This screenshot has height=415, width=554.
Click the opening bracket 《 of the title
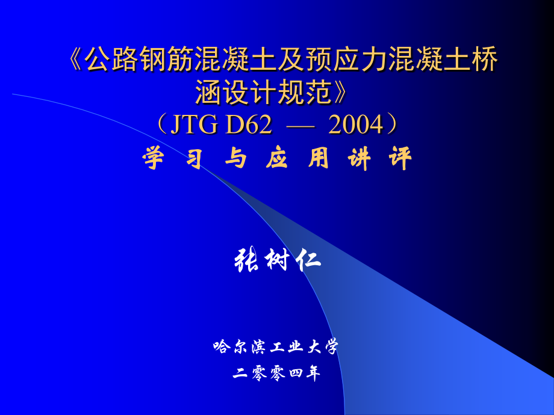[74, 60]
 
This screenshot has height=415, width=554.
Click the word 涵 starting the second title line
[207, 92]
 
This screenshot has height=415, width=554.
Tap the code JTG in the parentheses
[187, 125]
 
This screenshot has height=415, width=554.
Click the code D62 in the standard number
[247, 125]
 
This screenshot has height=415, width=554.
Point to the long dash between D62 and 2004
[300, 126]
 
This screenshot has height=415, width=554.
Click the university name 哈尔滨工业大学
[276, 347]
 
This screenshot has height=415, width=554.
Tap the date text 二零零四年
[276, 373]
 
